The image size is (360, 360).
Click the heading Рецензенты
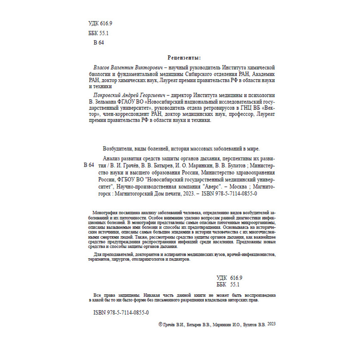184,58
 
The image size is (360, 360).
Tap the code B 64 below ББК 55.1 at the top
99,43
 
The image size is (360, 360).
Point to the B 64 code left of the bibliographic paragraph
89,166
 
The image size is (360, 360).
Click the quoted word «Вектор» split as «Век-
267,108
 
